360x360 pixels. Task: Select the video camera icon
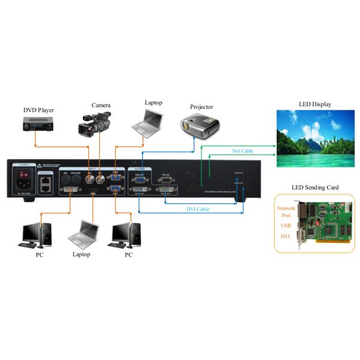point(94,124)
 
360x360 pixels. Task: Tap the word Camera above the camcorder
point(101,105)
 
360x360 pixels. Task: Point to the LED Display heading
point(315,104)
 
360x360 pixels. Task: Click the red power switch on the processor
point(25,175)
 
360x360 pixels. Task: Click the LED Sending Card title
point(315,188)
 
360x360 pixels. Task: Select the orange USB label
point(286,226)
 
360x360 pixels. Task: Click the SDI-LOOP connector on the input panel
point(77,178)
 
